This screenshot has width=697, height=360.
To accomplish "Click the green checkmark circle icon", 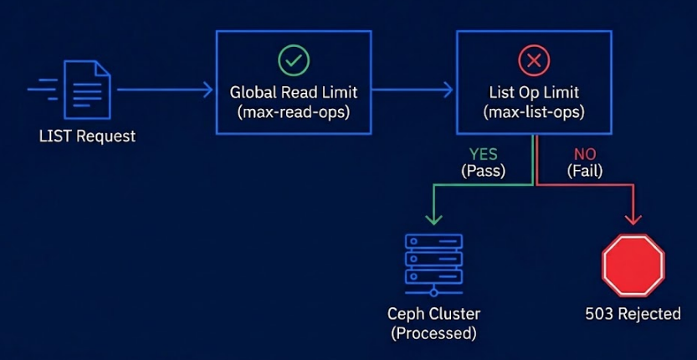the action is point(294,60).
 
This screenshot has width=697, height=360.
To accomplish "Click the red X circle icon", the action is point(534,60).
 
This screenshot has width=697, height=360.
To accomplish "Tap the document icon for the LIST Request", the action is point(87,90).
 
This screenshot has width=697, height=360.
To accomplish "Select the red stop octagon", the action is point(633,265).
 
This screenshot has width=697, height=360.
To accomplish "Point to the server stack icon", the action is point(433,265).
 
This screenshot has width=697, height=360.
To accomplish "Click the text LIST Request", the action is point(87,136).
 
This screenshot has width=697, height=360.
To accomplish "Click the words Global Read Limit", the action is point(294,93).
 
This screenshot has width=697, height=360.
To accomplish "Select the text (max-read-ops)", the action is point(294,112).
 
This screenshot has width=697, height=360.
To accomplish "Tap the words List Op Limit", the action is point(534,93).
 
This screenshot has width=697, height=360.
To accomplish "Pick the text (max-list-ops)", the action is point(534,112).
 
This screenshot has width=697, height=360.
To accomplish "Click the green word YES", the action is point(484,154).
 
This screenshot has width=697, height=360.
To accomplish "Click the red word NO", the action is point(585,154).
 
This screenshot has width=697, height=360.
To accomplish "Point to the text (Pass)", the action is point(484,172).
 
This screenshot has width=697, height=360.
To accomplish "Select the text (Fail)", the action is point(585,172).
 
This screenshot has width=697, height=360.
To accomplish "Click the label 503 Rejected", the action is point(633,314).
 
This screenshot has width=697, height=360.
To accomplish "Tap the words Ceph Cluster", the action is point(433,314).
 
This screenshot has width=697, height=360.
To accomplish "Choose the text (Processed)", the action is point(433,333).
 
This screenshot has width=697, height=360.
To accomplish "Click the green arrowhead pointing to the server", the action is point(433,219).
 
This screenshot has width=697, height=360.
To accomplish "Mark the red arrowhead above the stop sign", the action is point(633,219).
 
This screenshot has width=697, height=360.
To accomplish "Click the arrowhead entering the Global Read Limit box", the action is point(208,90).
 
